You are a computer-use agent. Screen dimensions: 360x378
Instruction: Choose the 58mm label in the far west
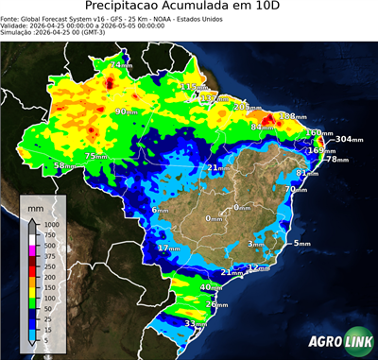pos(64,165)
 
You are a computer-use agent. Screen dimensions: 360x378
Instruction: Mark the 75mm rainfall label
pos(96,156)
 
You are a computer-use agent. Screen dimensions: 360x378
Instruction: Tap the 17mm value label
pos(168,248)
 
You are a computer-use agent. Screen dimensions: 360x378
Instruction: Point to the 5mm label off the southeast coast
pos(301,244)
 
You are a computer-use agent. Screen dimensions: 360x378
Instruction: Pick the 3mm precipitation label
pos(256,244)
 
